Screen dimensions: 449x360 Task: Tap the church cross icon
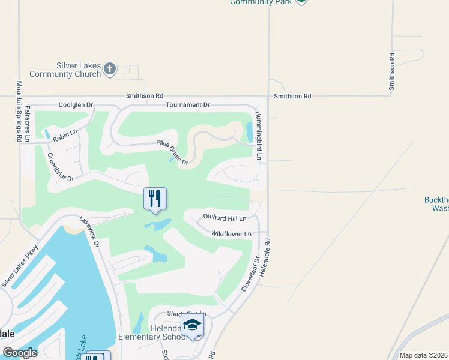pyautogui.click(x=109, y=69)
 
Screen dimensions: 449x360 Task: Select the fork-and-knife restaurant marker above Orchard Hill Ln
pyautogui.click(x=155, y=199)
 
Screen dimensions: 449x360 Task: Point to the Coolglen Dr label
pyautogui.click(x=76, y=105)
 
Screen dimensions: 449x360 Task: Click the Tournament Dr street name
pyautogui.click(x=188, y=105)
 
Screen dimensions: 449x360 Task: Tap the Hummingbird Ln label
pyautogui.click(x=259, y=136)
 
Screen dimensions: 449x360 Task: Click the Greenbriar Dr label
pyautogui.click(x=60, y=167)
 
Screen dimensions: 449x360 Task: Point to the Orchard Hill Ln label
pyautogui.click(x=225, y=218)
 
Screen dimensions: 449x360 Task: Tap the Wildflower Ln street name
pyautogui.click(x=231, y=233)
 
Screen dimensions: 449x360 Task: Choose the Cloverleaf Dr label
pyautogui.click(x=250, y=274)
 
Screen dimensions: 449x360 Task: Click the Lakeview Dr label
pyautogui.click(x=93, y=231)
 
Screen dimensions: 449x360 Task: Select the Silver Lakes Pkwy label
pyautogui.click(x=20, y=265)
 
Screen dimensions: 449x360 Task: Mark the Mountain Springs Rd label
pyautogui.click(x=19, y=111)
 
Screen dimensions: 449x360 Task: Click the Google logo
pyautogui.click(x=20, y=353)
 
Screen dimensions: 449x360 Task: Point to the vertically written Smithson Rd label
pyautogui.click(x=392, y=72)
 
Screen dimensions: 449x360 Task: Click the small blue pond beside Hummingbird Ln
pyautogui.click(x=249, y=130)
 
